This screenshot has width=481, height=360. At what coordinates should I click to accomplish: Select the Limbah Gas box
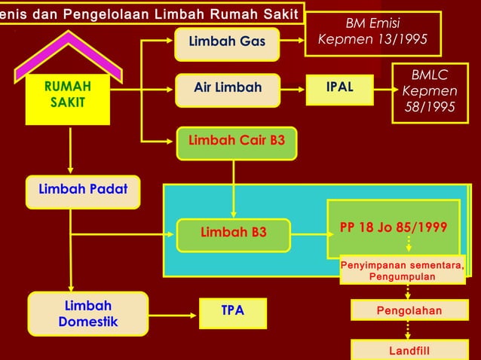226,41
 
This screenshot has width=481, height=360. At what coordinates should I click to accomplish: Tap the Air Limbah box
227,88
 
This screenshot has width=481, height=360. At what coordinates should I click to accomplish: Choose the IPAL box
339,88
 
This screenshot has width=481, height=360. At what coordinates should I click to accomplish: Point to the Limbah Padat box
82,191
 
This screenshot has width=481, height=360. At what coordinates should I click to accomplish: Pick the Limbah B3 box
233,233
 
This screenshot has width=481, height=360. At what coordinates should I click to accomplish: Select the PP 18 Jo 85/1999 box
393,228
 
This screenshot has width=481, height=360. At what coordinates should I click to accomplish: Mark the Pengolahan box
409,310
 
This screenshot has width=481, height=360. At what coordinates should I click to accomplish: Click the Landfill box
410,350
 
